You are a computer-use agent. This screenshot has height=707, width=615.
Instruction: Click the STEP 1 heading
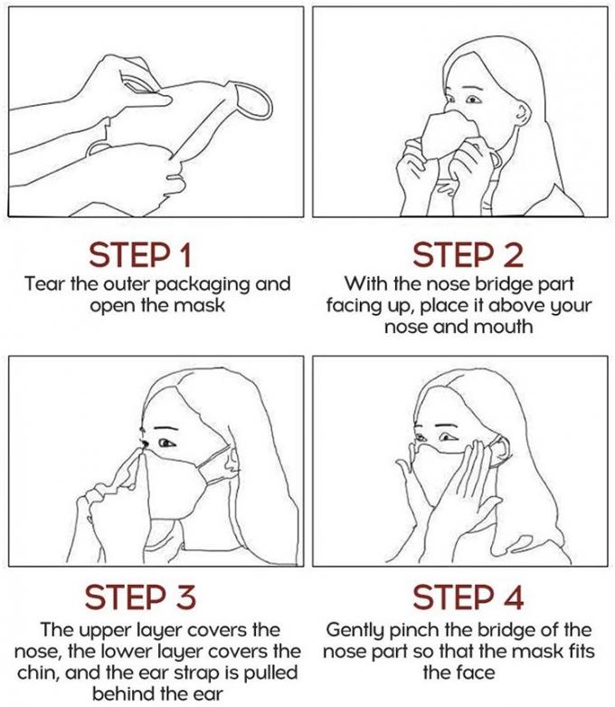point(140,255)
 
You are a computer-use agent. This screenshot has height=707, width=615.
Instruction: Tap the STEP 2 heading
point(468,255)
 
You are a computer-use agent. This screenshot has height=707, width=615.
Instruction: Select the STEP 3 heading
point(140,597)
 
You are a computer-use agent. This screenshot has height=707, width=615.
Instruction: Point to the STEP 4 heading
point(468,597)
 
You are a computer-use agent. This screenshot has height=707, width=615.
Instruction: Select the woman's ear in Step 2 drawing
point(524,116)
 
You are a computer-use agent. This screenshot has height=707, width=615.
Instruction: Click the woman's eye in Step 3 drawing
point(166,444)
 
